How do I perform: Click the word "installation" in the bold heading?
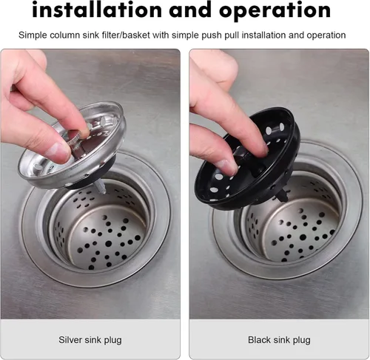click(x=97, y=10)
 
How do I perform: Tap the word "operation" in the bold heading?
click(x=275, y=10)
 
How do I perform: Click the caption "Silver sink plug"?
click(x=90, y=340)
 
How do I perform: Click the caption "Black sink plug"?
click(x=279, y=340)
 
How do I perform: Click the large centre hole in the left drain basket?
click(x=108, y=244)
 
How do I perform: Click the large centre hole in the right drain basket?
click(x=303, y=237)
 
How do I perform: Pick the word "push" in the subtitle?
click(x=212, y=35)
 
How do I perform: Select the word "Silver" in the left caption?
click(x=70, y=339)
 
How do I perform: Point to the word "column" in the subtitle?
click(x=64, y=35)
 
